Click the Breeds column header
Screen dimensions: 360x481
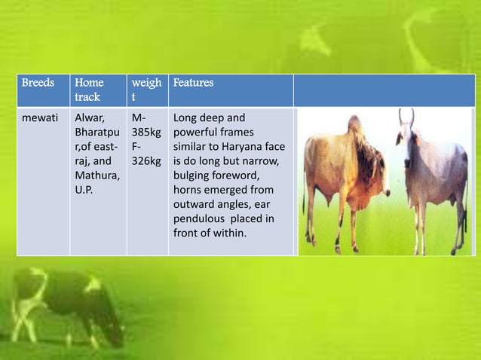coord(38,83)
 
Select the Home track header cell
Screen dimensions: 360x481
coord(87,90)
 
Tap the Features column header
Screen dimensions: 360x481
coord(193,83)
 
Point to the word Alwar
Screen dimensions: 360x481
coord(88,117)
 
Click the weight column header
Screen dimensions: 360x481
coord(146,90)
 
